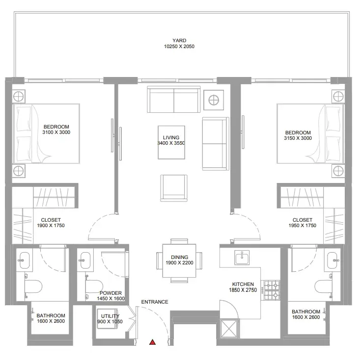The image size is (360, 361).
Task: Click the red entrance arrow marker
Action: pyautogui.click(x=152, y=342)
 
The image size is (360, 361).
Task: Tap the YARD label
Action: pyautogui.click(x=179, y=41)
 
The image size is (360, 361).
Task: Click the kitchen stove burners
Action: pyautogui.click(x=272, y=290)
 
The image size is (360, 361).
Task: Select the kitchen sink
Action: pyautogui.click(x=242, y=258)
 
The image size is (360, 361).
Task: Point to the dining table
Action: pyautogui.click(x=179, y=260)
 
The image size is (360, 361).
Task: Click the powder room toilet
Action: pyautogui.click(x=94, y=286)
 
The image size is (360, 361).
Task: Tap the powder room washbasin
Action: pyautogui.click(x=85, y=260)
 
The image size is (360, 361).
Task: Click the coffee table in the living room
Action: pyautogui.click(x=171, y=142)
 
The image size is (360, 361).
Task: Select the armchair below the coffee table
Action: pyautogui.click(x=174, y=188)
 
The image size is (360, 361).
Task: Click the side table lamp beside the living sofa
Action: pyautogui.click(x=214, y=100)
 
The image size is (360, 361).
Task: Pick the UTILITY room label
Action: pyautogui.click(x=110, y=316)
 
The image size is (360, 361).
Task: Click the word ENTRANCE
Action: pyautogui.click(x=155, y=302)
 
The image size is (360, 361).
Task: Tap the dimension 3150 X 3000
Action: pyautogui.click(x=298, y=138)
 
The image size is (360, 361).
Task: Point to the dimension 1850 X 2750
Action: pyautogui.click(x=243, y=290)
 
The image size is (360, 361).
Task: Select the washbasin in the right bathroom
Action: pyautogui.click(x=332, y=260)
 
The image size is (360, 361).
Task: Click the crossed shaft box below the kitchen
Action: pyautogui.click(x=229, y=329)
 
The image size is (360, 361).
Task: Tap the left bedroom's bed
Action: pyautogui.click(x=46, y=133)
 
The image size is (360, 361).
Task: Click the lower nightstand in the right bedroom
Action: pyautogui.click(x=338, y=171)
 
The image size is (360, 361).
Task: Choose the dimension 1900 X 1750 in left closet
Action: pyautogui.click(x=51, y=226)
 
